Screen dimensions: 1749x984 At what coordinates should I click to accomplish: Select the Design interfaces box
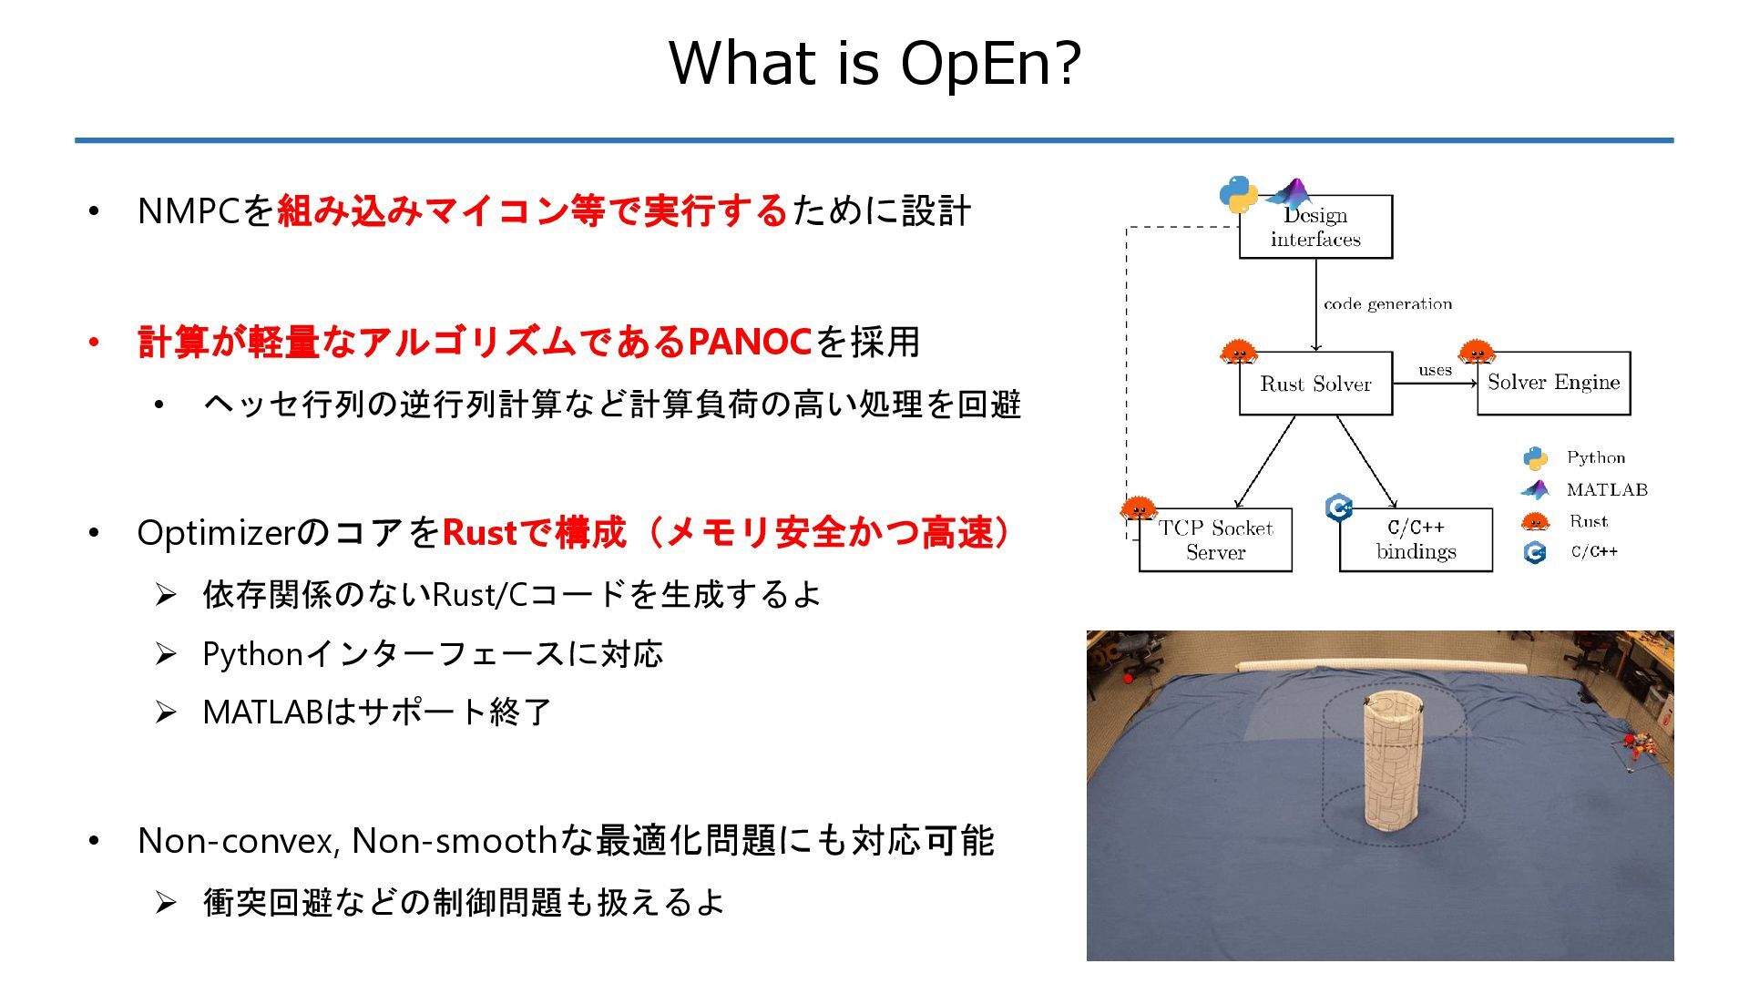click(x=1315, y=227)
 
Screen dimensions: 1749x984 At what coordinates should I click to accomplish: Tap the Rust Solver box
click(x=1315, y=384)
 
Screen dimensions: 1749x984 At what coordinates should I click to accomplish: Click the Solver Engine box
click(x=1553, y=383)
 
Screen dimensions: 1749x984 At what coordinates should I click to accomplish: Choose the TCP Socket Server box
click(x=1215, y=540)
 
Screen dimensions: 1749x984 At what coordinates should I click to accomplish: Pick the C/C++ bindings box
click(x=1416, y=540)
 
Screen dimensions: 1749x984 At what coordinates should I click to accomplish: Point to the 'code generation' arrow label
click(x=1387, y=304)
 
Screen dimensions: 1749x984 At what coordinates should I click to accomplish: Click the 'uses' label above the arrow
click(x=1435, y=370)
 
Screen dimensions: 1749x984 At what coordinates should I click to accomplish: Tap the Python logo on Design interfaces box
click(x=1238, y=194)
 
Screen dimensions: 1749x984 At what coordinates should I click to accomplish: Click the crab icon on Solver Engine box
click(x=1476, y=352)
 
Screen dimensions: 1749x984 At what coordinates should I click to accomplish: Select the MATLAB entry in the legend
click(x=1607, y=490)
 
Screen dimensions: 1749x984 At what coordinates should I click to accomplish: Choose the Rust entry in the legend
click(x=1588, y=521)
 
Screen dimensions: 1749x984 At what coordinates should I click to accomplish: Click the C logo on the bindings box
click(x=1338, y=507)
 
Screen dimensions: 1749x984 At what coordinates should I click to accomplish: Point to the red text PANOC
click(x=750, y=343)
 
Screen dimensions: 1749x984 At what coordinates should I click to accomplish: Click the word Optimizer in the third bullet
click(x=217, y=533)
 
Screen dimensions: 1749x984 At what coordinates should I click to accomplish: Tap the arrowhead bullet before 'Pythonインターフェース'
click(x=166, y=654)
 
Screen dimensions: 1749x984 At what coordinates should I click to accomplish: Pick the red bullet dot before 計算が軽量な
click(x=94, y=343)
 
